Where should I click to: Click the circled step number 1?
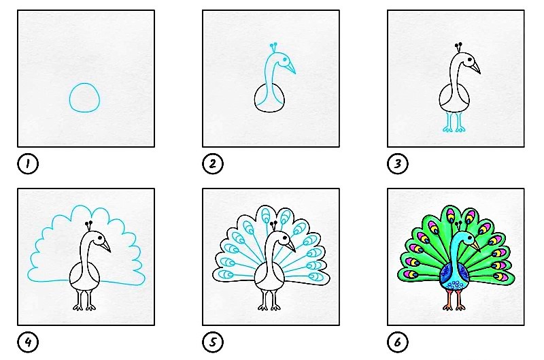click(x=28, y=163)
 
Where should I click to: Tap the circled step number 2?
click(x=213, y=163)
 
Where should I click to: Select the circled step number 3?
click(x=398, y=163)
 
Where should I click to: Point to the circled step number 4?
click(x=28, y=342)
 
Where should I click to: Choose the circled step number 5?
click(x=213, y=342)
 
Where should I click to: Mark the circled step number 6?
click(x=398, y=342)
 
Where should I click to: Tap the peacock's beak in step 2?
click(x=291, y=67)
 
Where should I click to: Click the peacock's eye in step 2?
click(x=284, y=60)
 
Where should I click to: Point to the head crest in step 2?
click(x=274, y=48)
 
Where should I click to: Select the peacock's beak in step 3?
click(x=475, y=67)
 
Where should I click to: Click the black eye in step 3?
click(x=469, y=60)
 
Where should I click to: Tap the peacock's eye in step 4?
click(x=100, y=238)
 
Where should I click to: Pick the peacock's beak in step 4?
click(x=106, y=246)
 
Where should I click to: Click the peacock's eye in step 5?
click(x=285, y=238)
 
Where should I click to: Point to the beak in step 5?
click(x=291, y=246)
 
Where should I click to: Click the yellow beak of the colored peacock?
click(x=475, y=246)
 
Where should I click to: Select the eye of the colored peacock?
click(x=470, y=238)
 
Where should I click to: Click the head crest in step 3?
click(x=458, y=48)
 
